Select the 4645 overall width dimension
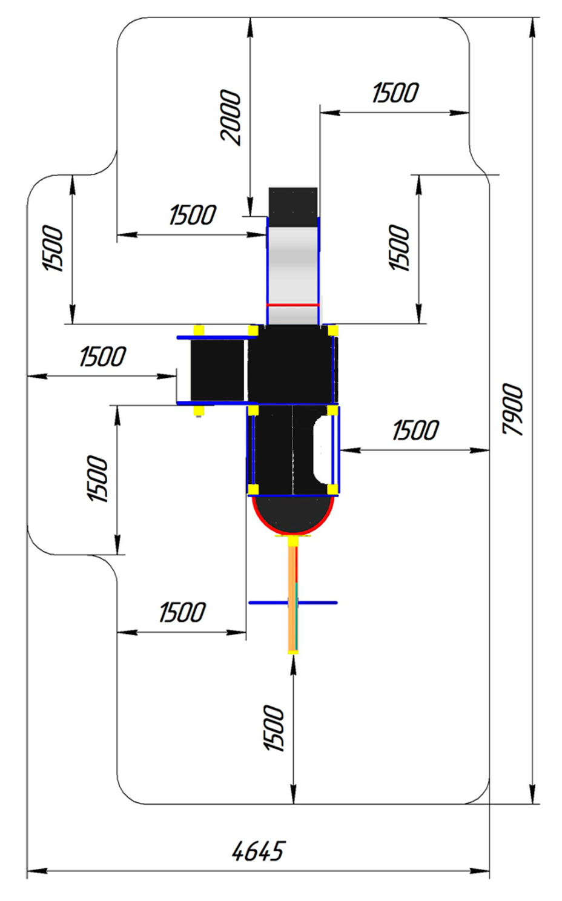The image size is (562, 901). [258, 851]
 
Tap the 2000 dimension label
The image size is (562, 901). [231, 117]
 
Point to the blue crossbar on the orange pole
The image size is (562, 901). [293, 602]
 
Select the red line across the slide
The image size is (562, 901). [293, 305]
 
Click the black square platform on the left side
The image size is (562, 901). [217, 370]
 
